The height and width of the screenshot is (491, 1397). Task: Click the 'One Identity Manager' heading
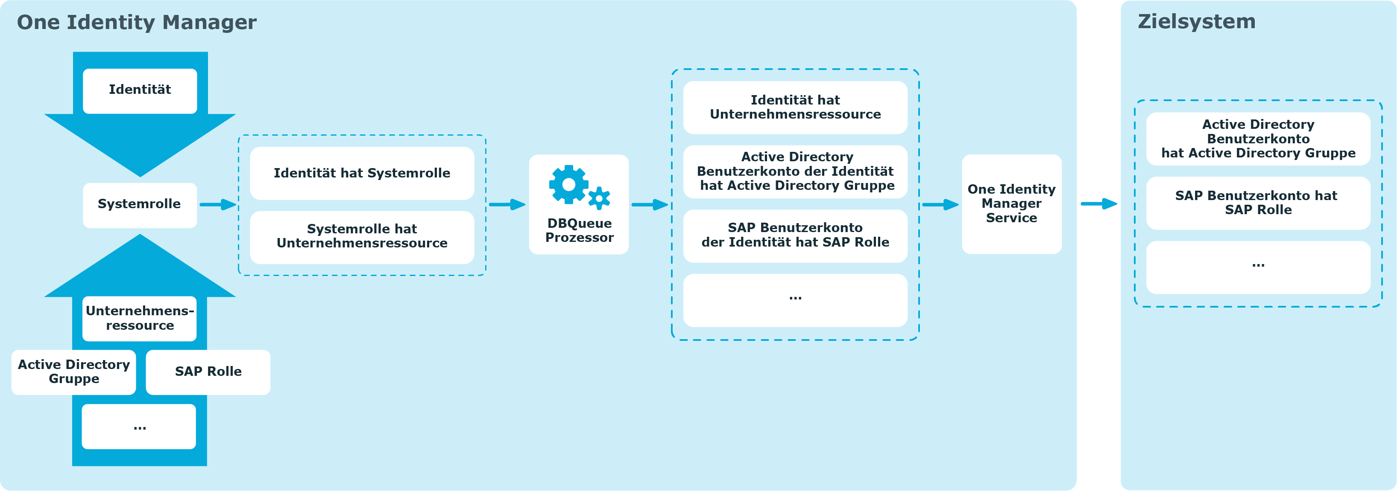click(137, 22)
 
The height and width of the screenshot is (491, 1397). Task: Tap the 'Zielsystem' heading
click(1196, 22)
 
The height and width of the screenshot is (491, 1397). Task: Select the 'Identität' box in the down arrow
click(140, 90)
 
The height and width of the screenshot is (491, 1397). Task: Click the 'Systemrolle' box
click(139, 204)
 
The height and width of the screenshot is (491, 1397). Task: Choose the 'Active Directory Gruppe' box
click(74, 372)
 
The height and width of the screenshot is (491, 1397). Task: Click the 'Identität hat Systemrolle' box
click(362, 174)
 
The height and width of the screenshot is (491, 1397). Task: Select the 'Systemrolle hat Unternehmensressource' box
click(362, 236)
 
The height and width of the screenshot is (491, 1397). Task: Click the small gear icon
click(599, 198)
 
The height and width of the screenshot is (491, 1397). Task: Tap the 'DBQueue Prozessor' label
click(579, 230)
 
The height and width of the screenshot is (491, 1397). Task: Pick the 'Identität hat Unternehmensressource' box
click(795, 107)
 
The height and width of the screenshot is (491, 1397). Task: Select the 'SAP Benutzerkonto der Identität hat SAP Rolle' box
click(795, 235)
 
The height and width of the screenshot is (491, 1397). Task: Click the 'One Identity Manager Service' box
click(1011, 204)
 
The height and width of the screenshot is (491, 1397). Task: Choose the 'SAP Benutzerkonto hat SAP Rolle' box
click(1258, 203)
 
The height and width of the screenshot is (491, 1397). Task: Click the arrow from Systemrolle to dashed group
click(218, 205)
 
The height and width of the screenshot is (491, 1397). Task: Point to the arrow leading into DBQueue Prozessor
click(507, 205)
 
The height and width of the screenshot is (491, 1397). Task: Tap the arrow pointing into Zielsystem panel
click(1099, 204)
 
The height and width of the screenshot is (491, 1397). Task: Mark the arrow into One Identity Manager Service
click(940, 205)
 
